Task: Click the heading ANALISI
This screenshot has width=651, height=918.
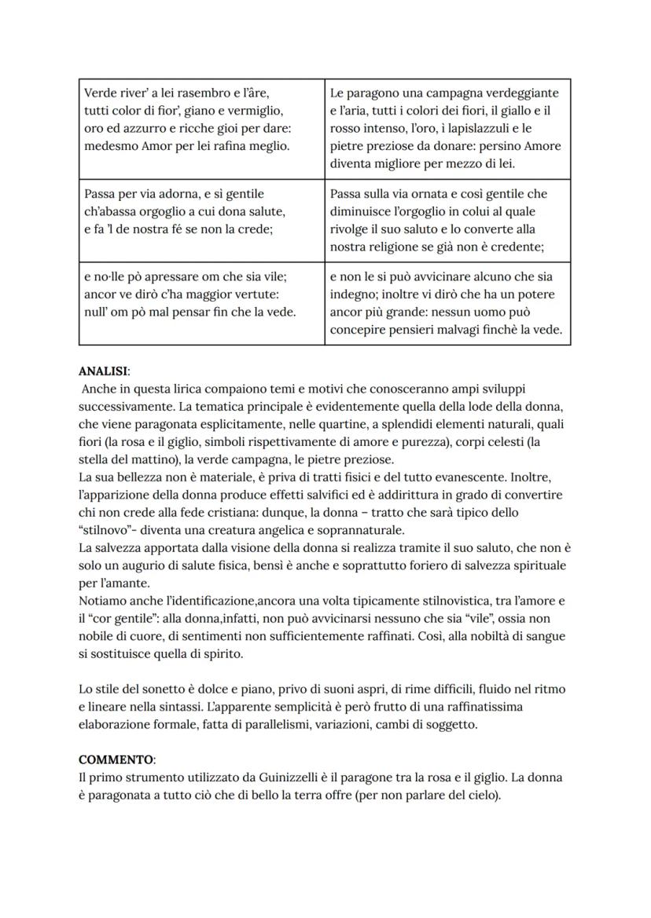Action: coord(105,371)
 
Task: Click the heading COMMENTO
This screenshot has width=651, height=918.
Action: coord(116,760)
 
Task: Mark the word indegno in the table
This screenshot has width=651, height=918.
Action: coord(352,294)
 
